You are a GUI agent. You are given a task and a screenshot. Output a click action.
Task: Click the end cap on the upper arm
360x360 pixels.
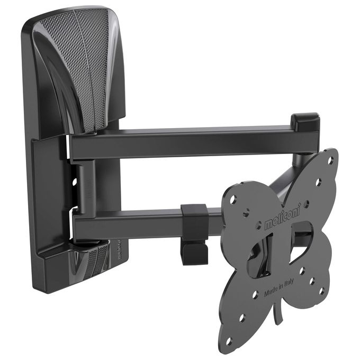coord(307,122)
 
